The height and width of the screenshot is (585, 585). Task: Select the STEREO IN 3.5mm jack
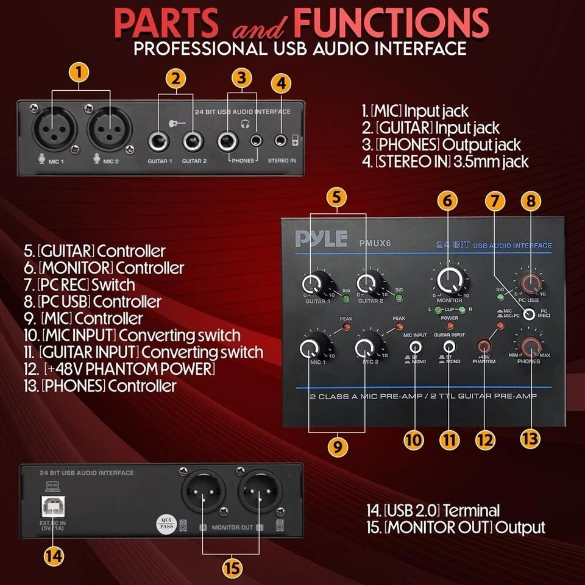(x=281, y=140)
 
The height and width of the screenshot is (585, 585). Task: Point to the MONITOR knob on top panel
(x=451, y=280)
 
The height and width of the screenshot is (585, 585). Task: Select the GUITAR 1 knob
(x=313, y=282)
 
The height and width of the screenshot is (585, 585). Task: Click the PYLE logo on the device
(x=321, y=238)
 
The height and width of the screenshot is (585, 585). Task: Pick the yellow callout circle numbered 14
(x=54, y=556)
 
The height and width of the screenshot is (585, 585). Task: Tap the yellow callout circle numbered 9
(x=338, y=446)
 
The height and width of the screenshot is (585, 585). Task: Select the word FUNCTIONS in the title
(x=391, y=23)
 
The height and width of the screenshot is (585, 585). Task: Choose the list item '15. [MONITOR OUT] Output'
(x=464, y=528)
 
